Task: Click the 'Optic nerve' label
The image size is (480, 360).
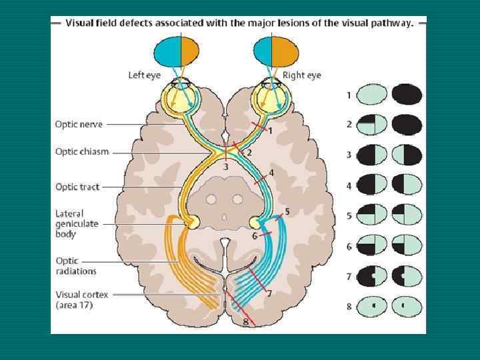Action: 79,124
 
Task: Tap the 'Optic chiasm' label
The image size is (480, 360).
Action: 82,151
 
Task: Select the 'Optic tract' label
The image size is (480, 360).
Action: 77,187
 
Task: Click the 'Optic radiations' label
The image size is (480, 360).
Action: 76,265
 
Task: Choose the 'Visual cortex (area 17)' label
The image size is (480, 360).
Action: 83,299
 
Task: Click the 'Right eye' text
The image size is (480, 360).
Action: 301,75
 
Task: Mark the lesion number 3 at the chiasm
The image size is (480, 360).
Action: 225,167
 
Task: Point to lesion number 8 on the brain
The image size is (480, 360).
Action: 245,321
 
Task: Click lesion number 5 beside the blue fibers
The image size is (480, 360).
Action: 287,212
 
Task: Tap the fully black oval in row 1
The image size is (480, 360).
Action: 407,95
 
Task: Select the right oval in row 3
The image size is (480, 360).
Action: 407,155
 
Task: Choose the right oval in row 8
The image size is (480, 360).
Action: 407,306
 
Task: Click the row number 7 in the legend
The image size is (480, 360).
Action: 349,276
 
